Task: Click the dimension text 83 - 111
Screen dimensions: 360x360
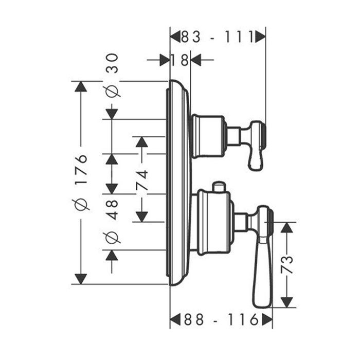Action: [218, 37]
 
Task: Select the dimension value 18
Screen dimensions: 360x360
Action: [180, 60]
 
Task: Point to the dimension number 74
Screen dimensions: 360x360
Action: [142, 181]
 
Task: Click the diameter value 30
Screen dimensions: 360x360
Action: [112, 64]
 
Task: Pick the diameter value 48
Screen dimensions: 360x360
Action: [112, 209]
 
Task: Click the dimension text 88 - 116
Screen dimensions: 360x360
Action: [221, 320]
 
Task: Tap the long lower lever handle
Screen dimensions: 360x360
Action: [261, 267]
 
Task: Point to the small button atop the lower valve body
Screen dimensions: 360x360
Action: [219, 186]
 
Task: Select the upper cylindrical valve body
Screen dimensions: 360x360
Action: [208, 136]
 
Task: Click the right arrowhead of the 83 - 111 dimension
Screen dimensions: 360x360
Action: [260, 37]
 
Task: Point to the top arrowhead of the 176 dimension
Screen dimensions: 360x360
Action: [80, 87]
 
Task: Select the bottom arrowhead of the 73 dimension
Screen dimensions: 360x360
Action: [287, 302]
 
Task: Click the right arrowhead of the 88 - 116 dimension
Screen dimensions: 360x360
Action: [267, 320]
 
